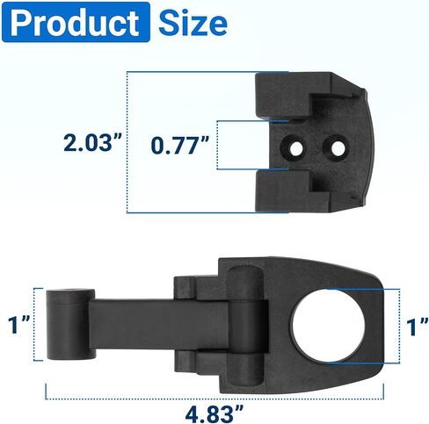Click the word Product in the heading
click(x=75, y=23)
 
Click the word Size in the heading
click(x=193, y=23)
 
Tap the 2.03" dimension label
click(x=92, y=143)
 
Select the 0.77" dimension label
click(x=180, y=145)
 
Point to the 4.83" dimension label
click(x=214, y=413)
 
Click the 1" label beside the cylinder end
click(x=19, y=325)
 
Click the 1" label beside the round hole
click(x=418, y=327)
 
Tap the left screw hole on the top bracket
click(x=296, y=148)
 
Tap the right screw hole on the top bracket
click(x=338, y=148)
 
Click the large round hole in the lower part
click(x=328, y=326)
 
